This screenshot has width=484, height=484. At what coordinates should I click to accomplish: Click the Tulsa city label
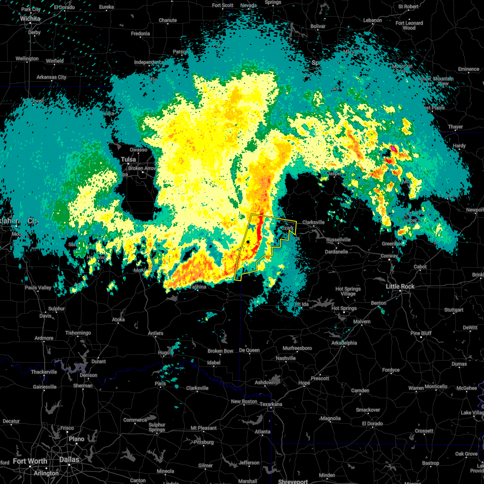click(x=128, y=159)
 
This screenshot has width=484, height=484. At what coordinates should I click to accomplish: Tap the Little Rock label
click(x=400, y=286)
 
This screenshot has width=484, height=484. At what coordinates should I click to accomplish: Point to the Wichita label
click(x=30, y=19)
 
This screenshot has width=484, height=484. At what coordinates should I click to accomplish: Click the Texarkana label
click(x=271, y=404)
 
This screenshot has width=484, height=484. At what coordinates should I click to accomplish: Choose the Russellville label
click(x=338, y=240)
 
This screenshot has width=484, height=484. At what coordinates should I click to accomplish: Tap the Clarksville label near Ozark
click(x=313, y=222)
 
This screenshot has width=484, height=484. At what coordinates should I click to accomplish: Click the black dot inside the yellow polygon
click(x=248, y=242)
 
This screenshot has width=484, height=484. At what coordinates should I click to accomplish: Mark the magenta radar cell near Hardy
click(x=392, y=149)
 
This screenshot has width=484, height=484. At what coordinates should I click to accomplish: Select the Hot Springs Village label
click(x=348, y=291)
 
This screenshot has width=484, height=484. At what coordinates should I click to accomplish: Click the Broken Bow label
click(x=221, y=351)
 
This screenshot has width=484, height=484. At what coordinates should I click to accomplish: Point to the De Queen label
click(x=249, y=350)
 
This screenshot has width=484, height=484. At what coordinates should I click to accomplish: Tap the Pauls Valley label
click(x=38, y=288)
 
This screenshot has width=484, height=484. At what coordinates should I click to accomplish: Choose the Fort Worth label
click(x=30, y=461)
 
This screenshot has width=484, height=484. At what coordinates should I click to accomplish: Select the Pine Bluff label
click(x=421, y=333)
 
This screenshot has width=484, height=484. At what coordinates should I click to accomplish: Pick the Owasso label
click(x=138, y=150)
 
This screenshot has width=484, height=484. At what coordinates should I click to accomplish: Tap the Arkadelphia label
click(x=344, y=343)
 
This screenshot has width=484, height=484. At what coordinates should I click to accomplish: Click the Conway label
click(x=390, y=256)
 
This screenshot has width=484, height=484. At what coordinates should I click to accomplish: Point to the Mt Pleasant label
click(x=204, y=428)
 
